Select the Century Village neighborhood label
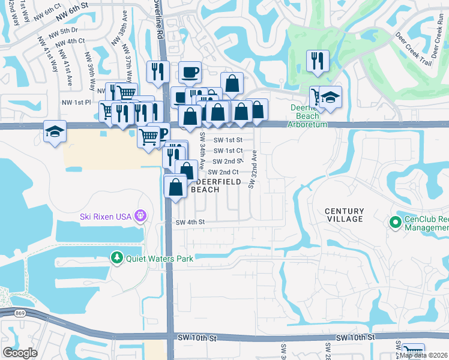(x=345, y=215)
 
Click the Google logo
(x=20, y=353)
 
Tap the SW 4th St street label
(x=191, y=222)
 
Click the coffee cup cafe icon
(x=190, y=72)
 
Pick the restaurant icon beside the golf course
(x=317, y=60)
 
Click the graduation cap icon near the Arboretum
(x=330, y=97)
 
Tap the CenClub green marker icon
(x=395, y=223)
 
